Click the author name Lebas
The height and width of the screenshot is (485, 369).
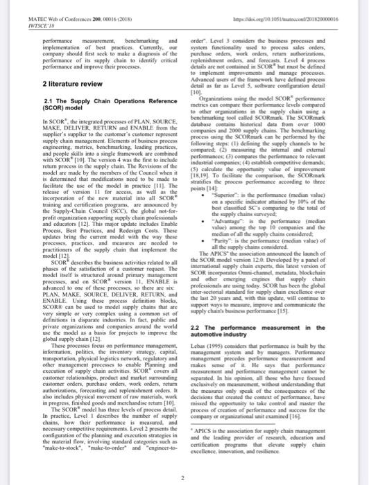[196, 344]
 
